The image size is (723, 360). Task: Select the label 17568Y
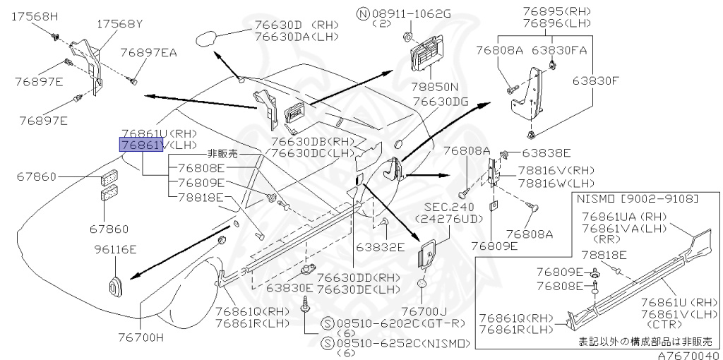(119, 23)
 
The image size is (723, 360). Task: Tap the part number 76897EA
(148, 52)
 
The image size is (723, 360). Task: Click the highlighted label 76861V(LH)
(141, 145)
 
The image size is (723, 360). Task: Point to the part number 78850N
(436, 88)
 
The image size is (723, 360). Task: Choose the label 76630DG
(441, 102)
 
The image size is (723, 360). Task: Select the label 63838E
(546, 152)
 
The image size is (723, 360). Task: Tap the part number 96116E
(116, 249)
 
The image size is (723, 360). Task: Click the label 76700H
(141, 337)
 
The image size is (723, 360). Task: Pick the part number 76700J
(424, 311)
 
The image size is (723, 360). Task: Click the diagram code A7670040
(690, 355)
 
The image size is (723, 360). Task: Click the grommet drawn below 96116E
(115, 286)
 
